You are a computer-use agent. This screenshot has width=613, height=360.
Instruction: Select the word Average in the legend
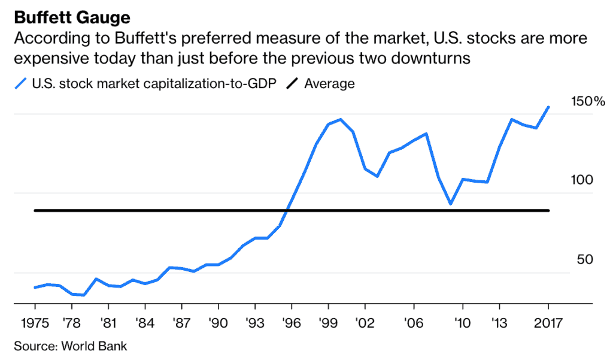click(x=329, y=83)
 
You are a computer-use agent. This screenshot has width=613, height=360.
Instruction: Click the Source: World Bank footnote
click(x=70, y=346)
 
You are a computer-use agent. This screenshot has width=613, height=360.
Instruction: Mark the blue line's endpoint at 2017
click(x=548, y=107)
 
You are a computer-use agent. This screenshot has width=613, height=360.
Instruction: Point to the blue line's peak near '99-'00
click(x=341, y=119)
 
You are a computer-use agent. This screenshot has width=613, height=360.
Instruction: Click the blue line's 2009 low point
click(x=450, y=204)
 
